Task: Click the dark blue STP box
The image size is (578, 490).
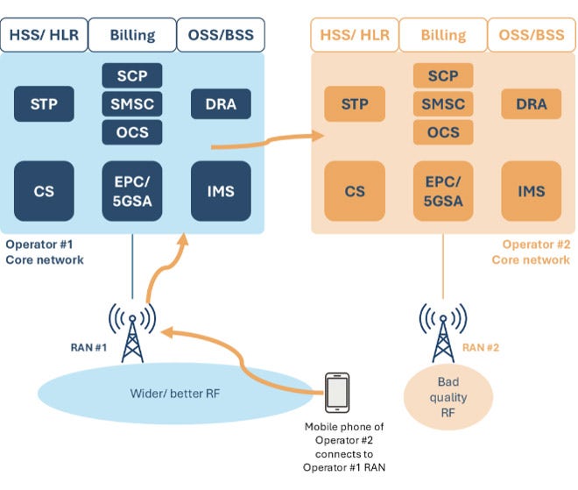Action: click(x=44, y=103)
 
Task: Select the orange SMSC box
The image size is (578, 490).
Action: click(x=443, y=104)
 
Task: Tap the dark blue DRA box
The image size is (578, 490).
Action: click(x=221, y=103)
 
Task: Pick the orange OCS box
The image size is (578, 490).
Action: click(x=443, y=132)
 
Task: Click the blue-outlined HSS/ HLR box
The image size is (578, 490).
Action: click(x=44, y=35)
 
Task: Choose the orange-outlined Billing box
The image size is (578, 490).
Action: click(x=443, y=35)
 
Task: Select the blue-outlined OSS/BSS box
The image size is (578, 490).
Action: click(x=221, y=35)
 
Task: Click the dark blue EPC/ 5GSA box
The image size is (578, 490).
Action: click(x=132, y=191)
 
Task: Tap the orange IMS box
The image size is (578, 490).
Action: click(x=532, y=191)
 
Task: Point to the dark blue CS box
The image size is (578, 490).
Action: click(x=44, y=191)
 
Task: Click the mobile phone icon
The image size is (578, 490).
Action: click(x=337, y=393)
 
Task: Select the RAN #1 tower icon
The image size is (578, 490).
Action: click(x=132, y=333)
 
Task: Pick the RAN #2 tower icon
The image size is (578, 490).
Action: click(x=443, y=333)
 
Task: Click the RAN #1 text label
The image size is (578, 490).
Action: click(x=88, y=348)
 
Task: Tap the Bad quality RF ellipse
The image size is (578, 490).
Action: click(x=448, y=397)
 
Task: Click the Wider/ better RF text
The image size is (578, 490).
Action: click(x=175, y=394)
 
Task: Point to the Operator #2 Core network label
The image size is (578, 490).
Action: click(x=531, y=252)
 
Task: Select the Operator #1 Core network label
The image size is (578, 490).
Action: click(x=45, y=252)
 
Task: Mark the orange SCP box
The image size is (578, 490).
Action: click(x=443, y=75)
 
